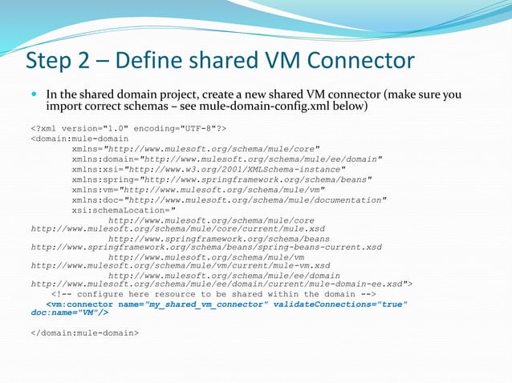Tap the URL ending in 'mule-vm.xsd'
click(x=180, y=265)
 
